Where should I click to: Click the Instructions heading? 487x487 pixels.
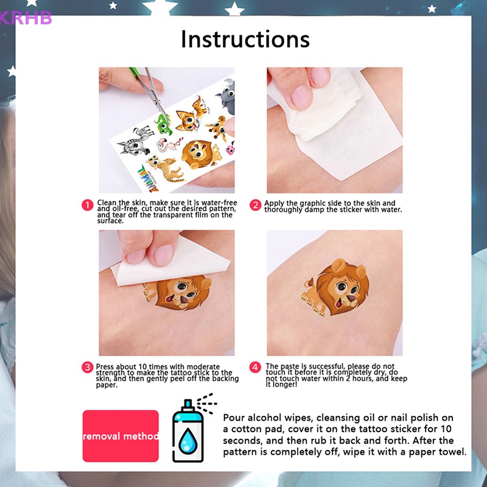click(245, 39)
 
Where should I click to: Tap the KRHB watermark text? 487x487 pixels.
click(26, 18)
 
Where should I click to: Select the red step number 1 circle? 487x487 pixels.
click(88, 205)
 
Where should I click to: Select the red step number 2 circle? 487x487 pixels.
click(256, 205)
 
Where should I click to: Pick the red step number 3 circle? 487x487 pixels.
click(88, 367)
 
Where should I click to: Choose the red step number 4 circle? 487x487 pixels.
click(256, 367)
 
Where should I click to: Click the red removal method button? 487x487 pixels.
click(121, 436)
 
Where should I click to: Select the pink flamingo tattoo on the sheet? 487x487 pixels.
click(166, 145)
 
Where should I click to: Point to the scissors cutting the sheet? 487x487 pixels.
click(156, 91)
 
